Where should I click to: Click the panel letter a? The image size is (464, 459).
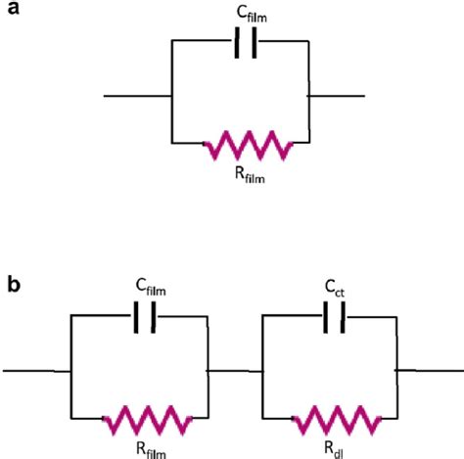pos(13,8)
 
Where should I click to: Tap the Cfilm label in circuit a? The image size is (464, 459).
pos(252,14)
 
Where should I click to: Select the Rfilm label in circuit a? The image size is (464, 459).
pos(250,175)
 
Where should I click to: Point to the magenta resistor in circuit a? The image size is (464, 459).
pos(249,146)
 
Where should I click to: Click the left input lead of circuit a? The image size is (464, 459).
pos(137,96)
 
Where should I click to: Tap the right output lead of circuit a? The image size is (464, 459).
pos(336,96)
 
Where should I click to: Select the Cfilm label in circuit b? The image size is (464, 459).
pos(151,287)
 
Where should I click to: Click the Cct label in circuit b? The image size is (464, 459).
pos(335,288)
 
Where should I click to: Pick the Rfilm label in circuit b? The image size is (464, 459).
pos(151,450)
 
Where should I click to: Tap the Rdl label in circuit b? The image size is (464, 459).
pos(334,450)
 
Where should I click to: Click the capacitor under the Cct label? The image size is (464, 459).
pos(334,317)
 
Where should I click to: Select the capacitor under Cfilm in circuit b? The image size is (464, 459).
pos(145,317)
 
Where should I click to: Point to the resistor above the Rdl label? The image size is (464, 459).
pos(337,421)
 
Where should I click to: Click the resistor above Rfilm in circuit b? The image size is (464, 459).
pos(147,421)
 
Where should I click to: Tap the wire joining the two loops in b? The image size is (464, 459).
pos(235,371)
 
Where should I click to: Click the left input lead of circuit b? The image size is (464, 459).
pos(36,371)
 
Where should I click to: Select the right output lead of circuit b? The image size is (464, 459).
pos(429,371)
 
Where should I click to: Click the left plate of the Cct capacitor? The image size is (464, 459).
pos(325,317)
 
